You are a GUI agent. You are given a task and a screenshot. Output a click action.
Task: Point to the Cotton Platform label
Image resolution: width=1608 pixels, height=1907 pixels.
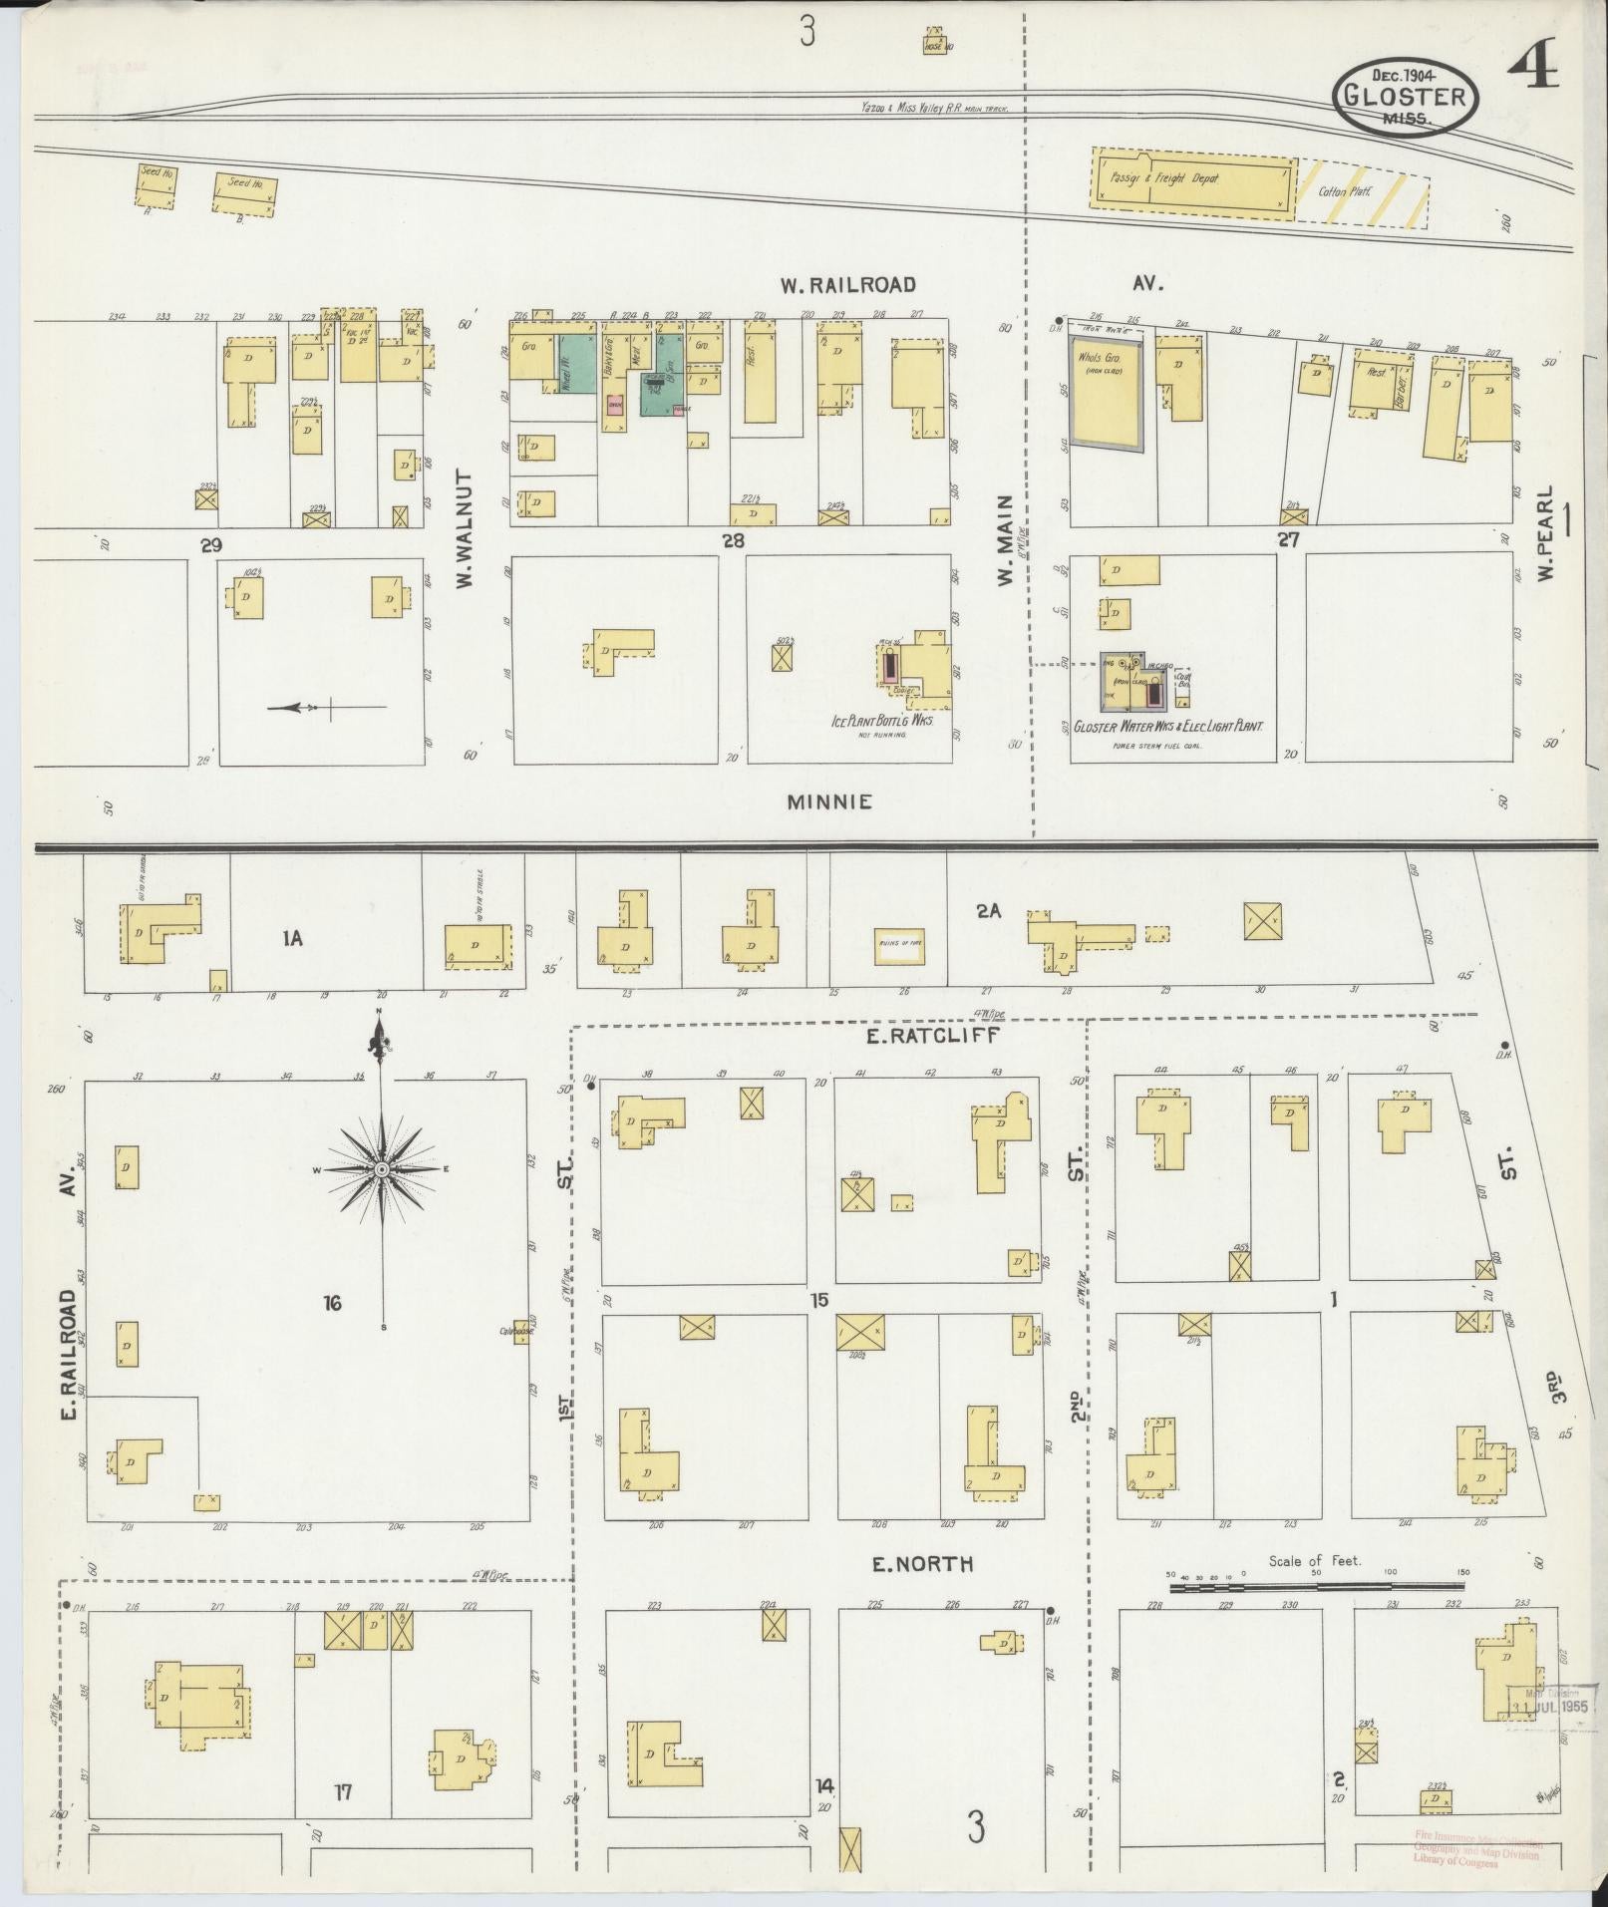(1338, 191)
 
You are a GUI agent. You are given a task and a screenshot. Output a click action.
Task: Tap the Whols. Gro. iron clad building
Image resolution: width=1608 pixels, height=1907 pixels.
(1105, 385)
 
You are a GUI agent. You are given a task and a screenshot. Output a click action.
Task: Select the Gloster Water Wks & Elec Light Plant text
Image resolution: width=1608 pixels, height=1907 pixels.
(1167, 727)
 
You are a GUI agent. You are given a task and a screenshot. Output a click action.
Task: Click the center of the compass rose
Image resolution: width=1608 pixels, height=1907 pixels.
(381, 1168)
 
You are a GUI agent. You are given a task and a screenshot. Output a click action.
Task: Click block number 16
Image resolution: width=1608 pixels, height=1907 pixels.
(332, 1302)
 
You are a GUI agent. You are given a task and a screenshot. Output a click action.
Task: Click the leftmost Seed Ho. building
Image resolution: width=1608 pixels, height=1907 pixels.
(157, 185)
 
